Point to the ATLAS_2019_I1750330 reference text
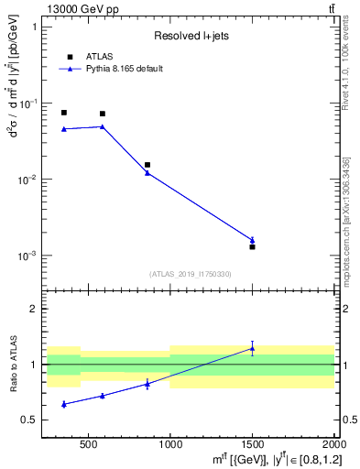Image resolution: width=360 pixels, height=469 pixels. coord(191,274)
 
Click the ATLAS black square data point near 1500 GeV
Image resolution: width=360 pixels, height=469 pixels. coord(252,247)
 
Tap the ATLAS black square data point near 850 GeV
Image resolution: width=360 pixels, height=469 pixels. coord(147,165)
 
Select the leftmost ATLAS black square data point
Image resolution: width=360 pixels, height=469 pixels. coord(63,113)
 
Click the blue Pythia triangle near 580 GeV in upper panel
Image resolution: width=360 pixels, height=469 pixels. coord(102,126)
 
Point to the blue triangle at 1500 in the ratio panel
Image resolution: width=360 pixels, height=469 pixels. coord(252,348)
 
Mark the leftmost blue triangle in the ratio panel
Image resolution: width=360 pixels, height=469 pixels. coord(63,404)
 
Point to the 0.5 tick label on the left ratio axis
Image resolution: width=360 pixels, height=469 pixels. coord(30,420)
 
